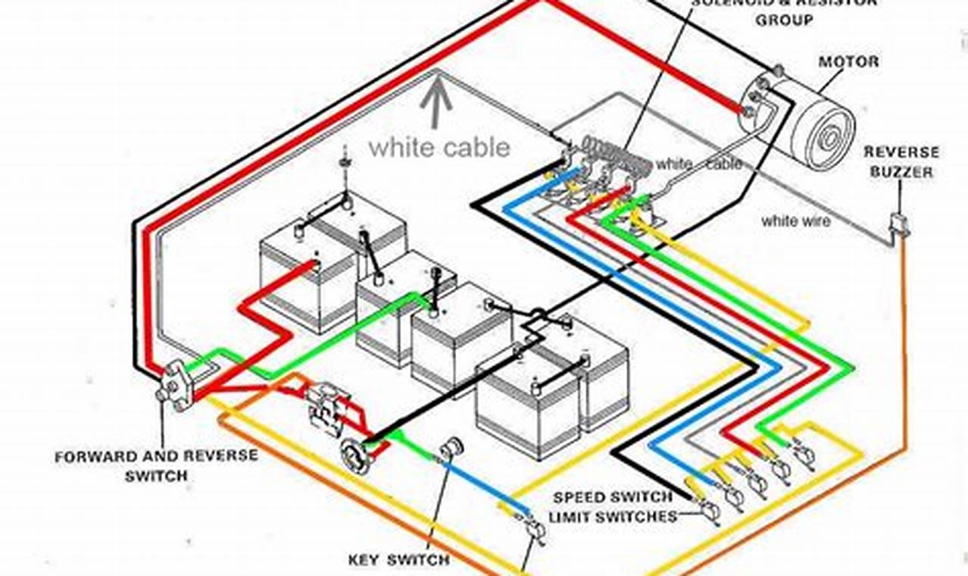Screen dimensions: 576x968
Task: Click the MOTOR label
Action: pos(848,61)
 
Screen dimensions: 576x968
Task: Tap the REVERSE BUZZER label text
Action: pos(901,162)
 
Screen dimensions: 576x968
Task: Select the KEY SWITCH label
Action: pos(398,560)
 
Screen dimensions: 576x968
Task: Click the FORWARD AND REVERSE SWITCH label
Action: pos(156,465)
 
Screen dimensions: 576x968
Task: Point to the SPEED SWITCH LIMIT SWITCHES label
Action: pos(612,507)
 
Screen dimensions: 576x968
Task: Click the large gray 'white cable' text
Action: pos(439,147)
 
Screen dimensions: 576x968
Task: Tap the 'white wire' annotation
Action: pos(795,221)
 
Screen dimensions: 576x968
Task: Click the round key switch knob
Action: pos(452,448)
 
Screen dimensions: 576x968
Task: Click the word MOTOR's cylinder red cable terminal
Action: pos(748,111)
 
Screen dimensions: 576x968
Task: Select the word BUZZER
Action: pos(901,172)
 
